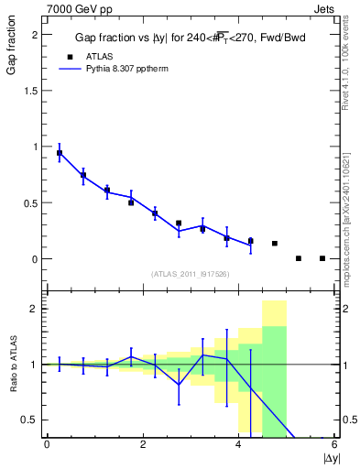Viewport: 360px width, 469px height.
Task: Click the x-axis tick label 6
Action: (335, 444)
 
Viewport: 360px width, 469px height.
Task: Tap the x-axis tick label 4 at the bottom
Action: (239, 444)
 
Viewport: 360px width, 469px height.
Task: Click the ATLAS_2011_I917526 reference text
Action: (190, 274)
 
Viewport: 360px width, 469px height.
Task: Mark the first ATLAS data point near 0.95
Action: (60, 153)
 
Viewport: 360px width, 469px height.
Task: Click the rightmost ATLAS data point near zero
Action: (322, 258)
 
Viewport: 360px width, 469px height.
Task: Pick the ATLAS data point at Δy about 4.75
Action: (275, 244)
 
